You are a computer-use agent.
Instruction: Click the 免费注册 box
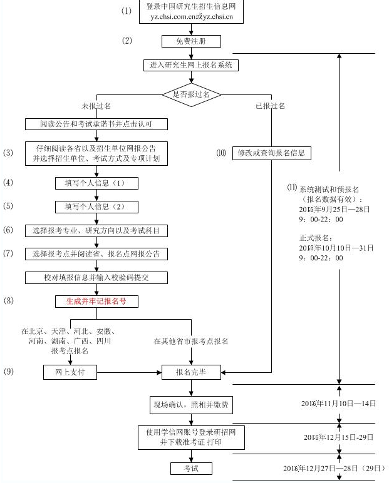coord(192,42)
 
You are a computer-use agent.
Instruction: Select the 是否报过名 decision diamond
coord(192,94)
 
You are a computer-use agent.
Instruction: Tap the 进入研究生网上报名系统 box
coord(191,65)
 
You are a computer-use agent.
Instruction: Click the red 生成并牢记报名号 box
coord(96,301)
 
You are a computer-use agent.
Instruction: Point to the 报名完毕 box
coord(192,372)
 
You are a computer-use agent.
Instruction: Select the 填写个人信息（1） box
coord(96,183)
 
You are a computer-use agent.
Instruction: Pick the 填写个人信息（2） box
coord(96,206)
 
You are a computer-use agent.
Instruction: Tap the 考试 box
coord(192,468)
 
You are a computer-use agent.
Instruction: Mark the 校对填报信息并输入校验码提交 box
coord(96,277)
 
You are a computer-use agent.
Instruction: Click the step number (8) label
coord(8,301)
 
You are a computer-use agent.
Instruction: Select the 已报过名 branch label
coord(270,106)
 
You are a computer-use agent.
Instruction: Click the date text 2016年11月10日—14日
coord(338,404)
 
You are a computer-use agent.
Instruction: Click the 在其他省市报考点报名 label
coord(191,342)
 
